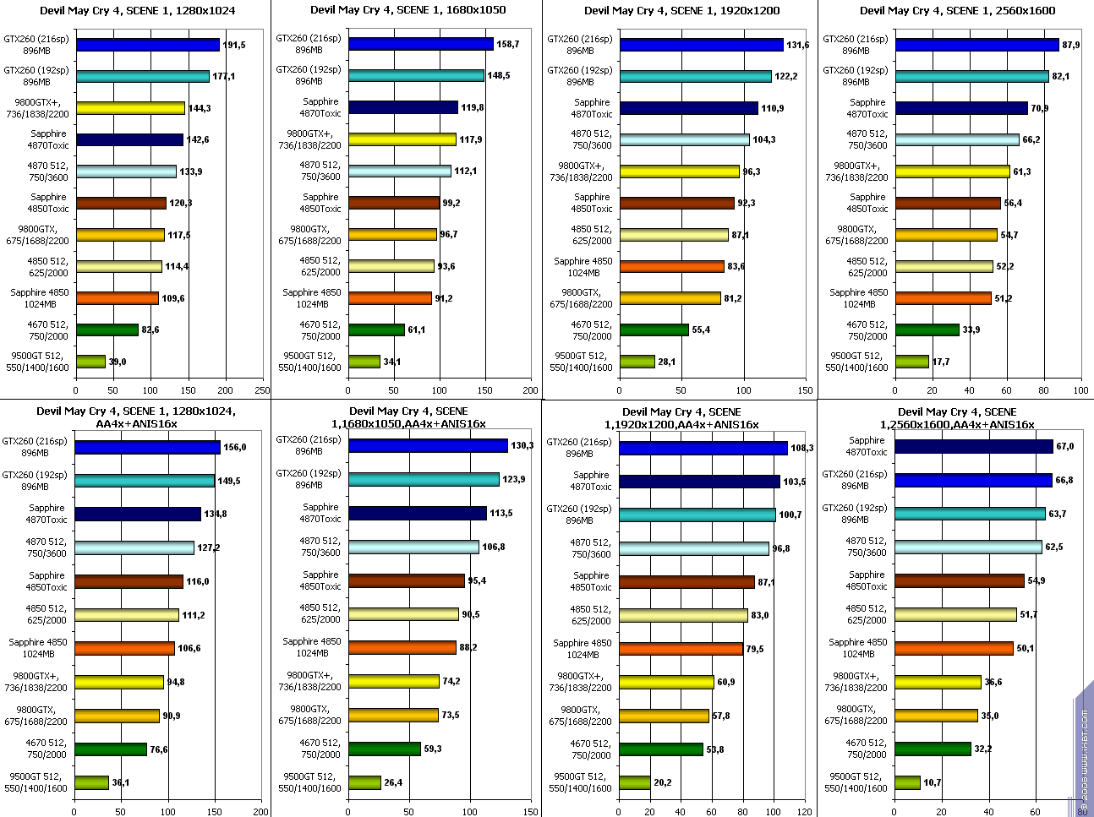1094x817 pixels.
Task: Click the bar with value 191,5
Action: pos(147,45)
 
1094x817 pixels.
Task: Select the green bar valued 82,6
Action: pos(107,330)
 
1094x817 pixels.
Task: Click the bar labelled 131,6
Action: pos(701,45)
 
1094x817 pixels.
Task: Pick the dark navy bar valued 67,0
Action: pos(973,446)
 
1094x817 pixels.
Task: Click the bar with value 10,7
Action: pos(908,782)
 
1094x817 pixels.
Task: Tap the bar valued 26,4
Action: pos(364,782)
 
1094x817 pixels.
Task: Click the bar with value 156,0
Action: pos(147,447)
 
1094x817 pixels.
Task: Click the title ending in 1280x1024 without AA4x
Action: pos(137,10)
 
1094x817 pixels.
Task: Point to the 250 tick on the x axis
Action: pos(262,390)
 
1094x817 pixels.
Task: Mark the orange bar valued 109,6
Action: pos(117,298)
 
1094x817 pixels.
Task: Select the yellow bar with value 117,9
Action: pos(402,139)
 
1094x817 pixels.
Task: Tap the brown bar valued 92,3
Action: pos(676,203)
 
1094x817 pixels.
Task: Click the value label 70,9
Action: pos(1039,108)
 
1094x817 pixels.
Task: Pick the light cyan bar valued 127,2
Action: pos(134,547)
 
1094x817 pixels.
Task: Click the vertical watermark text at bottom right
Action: pos(1084,752)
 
